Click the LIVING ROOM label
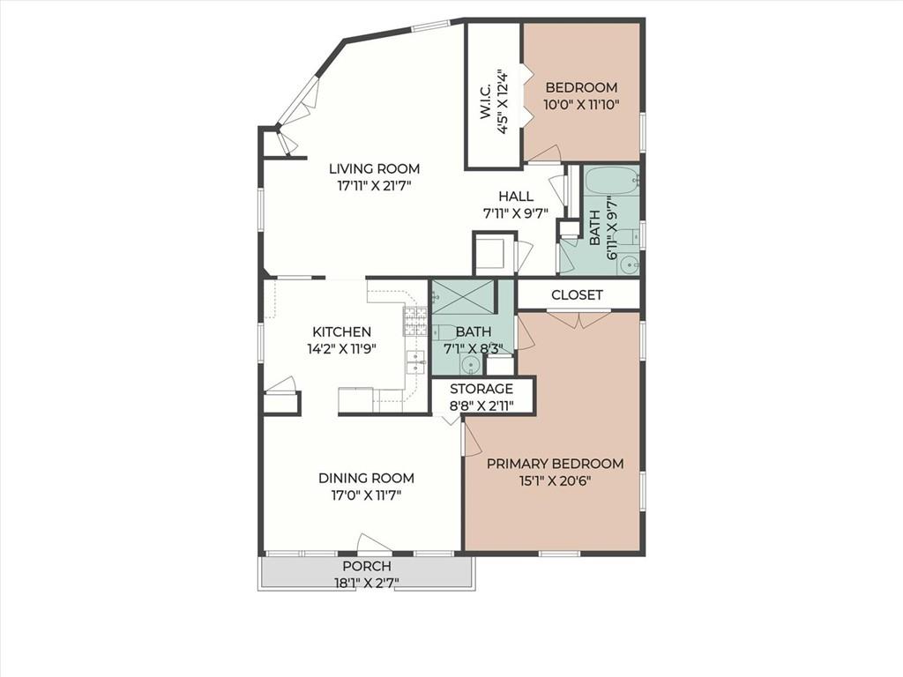coord(374,168)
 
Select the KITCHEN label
coord(341,332)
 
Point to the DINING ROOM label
coord(366,478)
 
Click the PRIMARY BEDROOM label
coord(556,464)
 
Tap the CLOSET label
coord(577,294)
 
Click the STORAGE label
coord(481,389)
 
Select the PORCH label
coord(367,566)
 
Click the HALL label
coord(516,197)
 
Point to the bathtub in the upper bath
coord(612,182)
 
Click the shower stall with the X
coord(463,296)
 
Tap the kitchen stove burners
coord(414,321)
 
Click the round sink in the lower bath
coord(471,364)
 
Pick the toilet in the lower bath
coord(444,332)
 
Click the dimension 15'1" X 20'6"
coord(556,480)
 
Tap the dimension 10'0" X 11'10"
coord(582,105)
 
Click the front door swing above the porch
coord(373,544)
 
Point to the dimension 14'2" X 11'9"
coord(341,349)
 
